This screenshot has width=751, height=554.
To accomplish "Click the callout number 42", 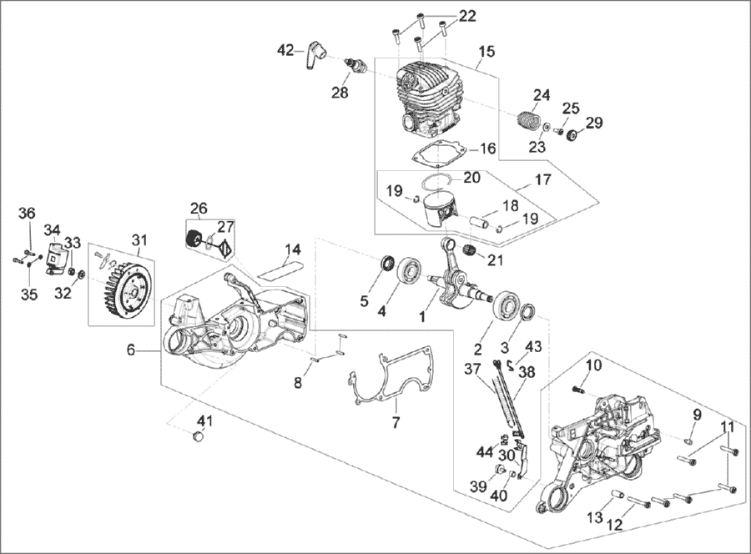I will click(x=285, y=51).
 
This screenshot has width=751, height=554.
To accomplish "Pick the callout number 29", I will click(x=593, y=124).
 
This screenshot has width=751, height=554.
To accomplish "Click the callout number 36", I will click(x=28, y=214).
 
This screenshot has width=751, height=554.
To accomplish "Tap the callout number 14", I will click(x=292, y=249).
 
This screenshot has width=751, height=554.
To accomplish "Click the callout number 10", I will click(x=593, y=365).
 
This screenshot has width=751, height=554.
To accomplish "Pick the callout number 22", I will click(x=466, y=17).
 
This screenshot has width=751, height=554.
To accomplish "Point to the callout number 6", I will click(x=130, y=351).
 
